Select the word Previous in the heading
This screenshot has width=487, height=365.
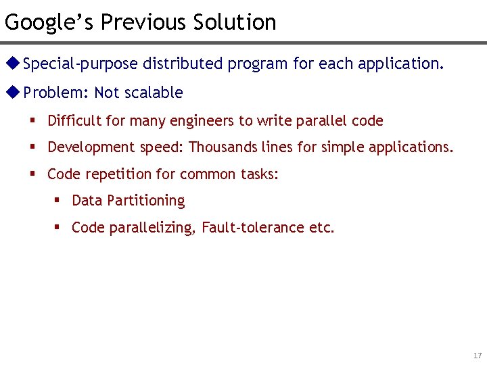click(144, 22)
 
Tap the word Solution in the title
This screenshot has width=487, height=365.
click(235, 22)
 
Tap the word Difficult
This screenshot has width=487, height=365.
click(74, 121)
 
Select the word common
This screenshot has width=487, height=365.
click(210, 174)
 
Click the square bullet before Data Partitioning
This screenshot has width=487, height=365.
click(57, 201)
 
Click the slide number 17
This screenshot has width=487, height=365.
click(478, 356)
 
